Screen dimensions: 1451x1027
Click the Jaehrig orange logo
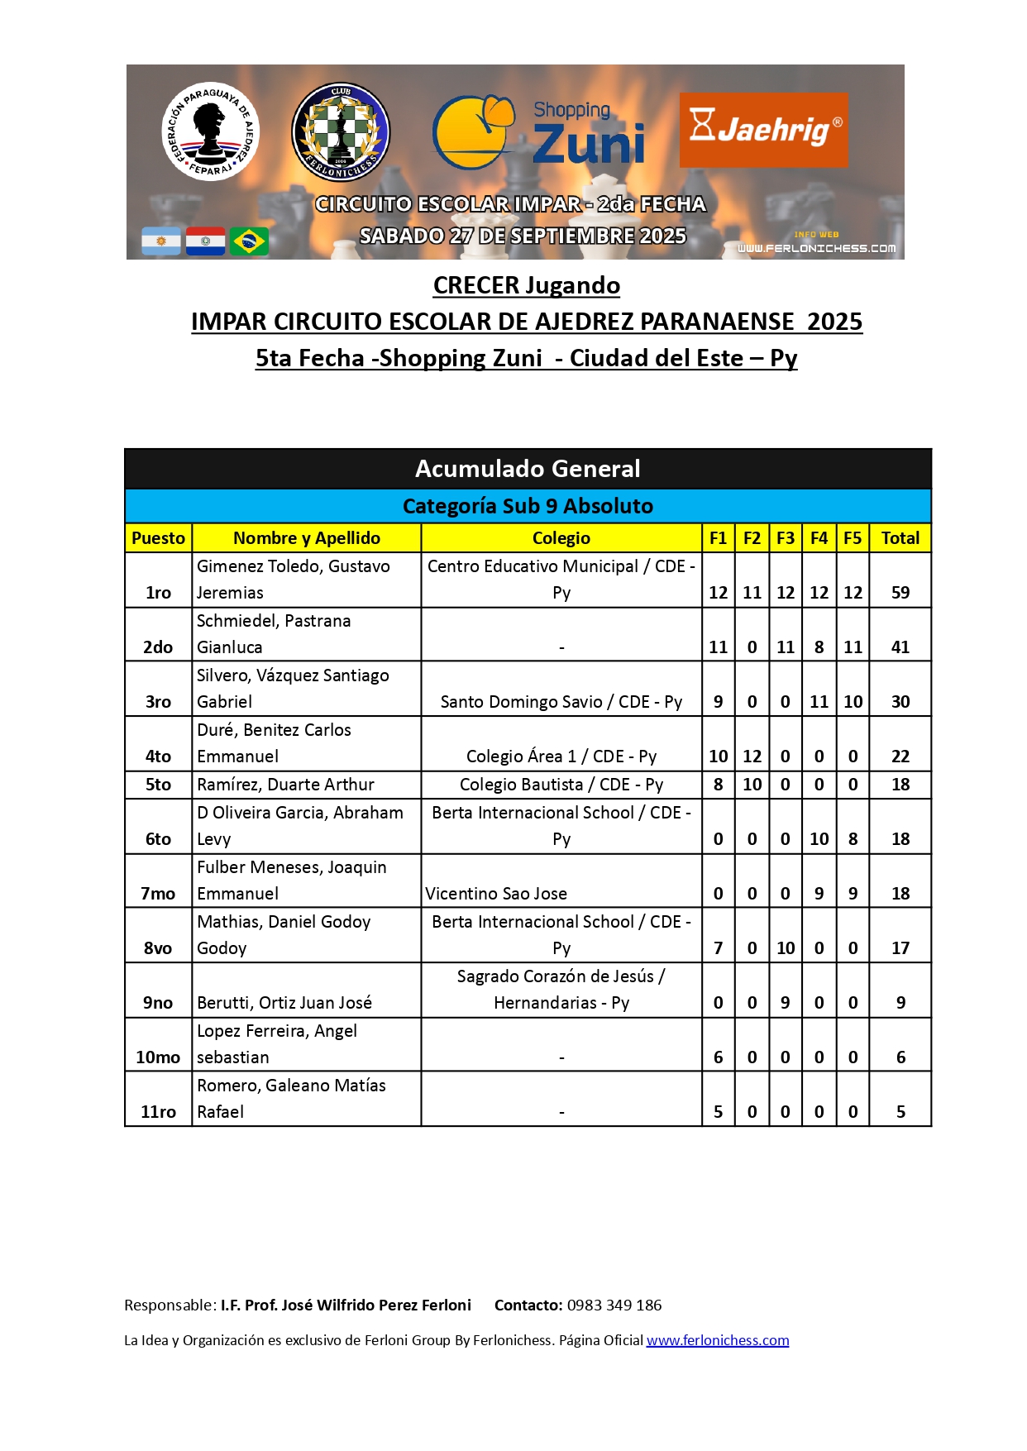tap(763, 129)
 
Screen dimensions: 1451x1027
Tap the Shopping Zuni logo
tap(539, 132)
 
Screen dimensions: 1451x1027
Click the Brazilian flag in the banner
tap(249, 241)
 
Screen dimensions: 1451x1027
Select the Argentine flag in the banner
tap(161, 241)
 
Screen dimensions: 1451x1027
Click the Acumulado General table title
tap(528, 469)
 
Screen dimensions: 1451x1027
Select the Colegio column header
tap(561, 538)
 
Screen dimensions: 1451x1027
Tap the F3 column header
tap(786, 538)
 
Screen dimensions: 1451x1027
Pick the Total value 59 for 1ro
tap(900, 593)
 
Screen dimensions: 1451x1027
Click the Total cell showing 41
tap(900, 647)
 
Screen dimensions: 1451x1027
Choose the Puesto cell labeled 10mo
tap(158, 1057)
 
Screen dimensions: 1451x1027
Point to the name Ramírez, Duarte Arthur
tap(285, 785)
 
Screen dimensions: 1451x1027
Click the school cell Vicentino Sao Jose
tap(496, 894)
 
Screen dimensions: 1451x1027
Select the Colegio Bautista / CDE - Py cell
tap(561, 785)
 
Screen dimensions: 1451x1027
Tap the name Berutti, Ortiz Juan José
tap(284, 1003)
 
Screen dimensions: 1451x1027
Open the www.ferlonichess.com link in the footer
tap(718, 1340)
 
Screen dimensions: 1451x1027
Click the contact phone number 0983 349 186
tap(614, 1305)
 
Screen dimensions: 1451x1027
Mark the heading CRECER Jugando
tap(527, 285)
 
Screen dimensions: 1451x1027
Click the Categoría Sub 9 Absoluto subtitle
tap(528, 506)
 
